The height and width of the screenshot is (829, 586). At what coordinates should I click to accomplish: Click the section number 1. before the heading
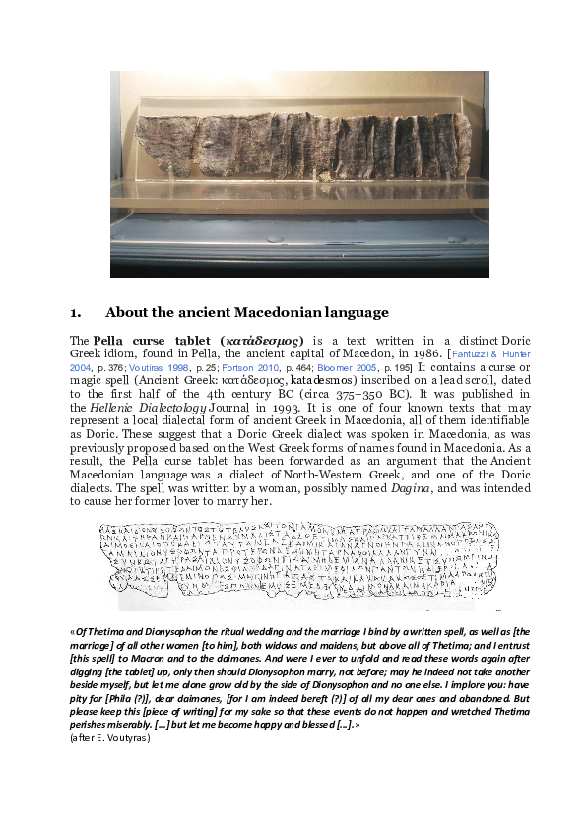pos(76,313)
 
